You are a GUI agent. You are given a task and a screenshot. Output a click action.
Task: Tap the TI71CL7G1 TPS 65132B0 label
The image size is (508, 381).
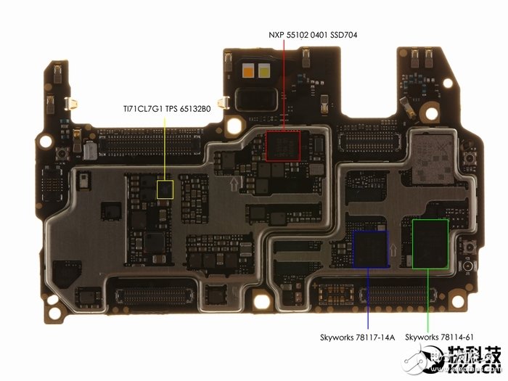[x=166, y=110]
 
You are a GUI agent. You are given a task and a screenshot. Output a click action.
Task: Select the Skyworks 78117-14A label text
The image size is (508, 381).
[x=357, y=337]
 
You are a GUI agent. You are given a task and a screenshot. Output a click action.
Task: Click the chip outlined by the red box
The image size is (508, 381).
[x=284, y=146]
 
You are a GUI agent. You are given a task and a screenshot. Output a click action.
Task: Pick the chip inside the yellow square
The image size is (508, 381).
[x=165, y=190]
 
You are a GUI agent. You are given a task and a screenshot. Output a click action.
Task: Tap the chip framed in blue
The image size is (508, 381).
[x=370, y=249]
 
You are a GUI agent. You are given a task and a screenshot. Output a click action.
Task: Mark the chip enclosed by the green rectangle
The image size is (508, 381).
[x=430, y=244]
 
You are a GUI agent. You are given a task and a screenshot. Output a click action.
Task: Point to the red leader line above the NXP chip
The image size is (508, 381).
[x=284, y=87]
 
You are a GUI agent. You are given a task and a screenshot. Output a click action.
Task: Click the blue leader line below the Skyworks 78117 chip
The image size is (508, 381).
[x=369, y=298]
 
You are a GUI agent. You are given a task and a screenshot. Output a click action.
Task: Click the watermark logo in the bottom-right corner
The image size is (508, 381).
[x=471, y=361]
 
